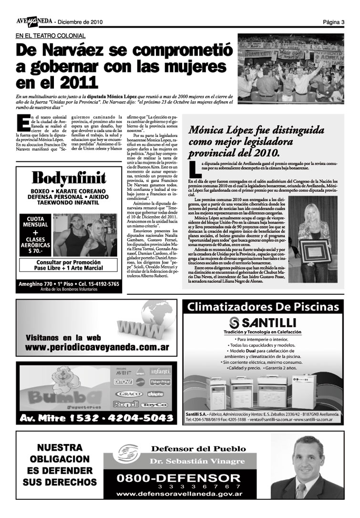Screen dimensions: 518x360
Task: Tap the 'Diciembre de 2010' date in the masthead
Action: tap(80, 22)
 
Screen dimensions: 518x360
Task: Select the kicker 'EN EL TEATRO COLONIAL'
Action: tap(51, 36)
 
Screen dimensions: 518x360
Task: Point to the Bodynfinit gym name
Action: tap(69, 178)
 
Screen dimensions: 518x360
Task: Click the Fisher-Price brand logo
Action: tap(160, 382)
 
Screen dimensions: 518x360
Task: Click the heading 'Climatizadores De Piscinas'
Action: tap(263, 307)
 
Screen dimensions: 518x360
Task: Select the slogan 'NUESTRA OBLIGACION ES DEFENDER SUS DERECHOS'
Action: tap(59, 465)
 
